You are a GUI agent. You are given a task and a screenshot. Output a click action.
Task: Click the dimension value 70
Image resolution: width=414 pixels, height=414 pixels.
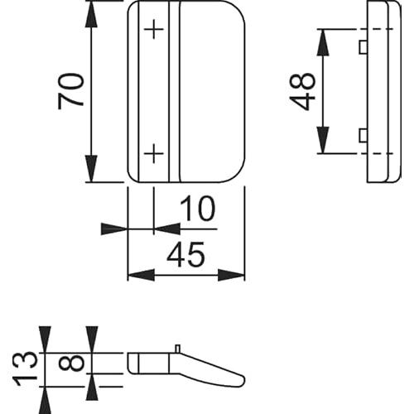tap(70, 91)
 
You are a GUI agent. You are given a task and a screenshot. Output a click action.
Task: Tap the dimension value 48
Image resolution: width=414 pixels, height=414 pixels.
tap(302, 91)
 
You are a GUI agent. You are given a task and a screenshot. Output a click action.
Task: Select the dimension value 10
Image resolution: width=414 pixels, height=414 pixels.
tap(197, 209)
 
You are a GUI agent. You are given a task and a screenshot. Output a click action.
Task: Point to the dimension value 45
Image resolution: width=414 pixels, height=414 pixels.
tap(185, 254)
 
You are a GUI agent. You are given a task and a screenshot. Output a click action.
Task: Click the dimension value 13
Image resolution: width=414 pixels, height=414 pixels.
tap(25, 368)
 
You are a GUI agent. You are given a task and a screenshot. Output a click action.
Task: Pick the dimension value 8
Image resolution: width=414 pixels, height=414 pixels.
tap(71, 362)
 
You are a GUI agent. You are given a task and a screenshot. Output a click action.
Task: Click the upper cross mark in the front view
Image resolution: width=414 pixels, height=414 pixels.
tap(154, 29)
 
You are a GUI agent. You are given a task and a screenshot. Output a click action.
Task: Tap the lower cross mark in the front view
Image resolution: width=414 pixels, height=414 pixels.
tap(154, 153)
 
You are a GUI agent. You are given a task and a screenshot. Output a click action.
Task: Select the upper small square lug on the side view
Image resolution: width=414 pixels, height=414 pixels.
tap(363, 47)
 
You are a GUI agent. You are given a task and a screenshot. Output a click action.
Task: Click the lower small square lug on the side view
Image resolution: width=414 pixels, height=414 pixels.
tap(363, 136)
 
